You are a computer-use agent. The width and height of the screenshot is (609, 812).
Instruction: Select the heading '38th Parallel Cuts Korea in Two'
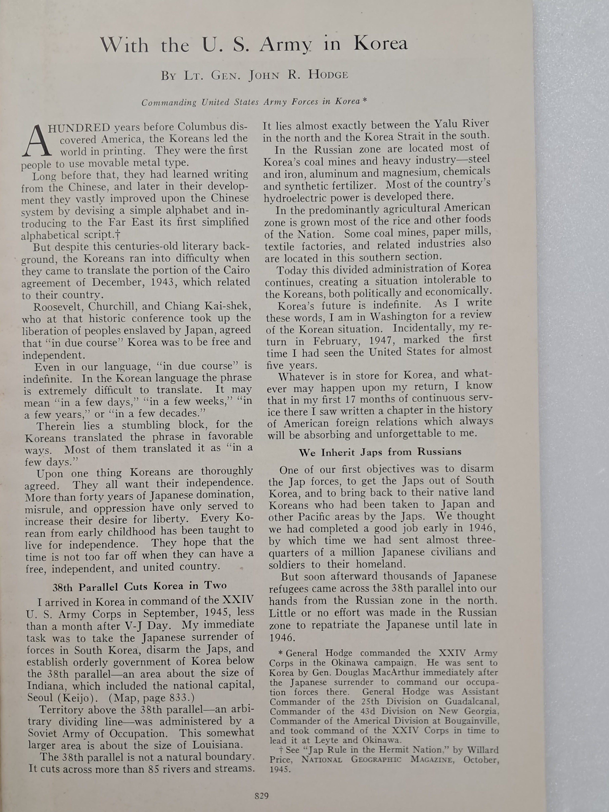coord(140,587)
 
